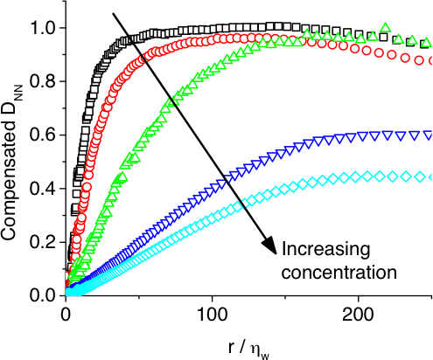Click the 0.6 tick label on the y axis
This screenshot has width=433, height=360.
coord(45,135)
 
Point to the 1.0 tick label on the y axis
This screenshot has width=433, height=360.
coord(45,28)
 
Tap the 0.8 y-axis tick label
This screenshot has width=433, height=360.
coord(45,82)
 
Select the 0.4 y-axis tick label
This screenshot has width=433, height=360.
coord(45,189)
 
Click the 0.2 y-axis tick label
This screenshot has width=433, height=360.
coord(45,242)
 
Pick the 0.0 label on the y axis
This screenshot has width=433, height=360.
coord(45,295)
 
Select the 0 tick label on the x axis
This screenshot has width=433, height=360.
coord(66,314)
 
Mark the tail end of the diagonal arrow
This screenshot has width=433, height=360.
coord(115,12)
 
